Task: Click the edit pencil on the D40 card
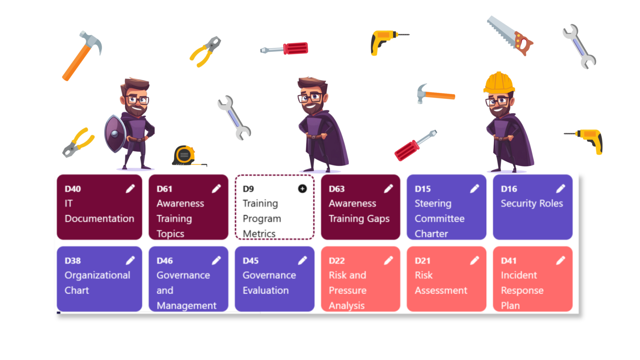click(x=130, y=189)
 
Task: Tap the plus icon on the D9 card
click(x=302, y=189)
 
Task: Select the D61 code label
click(x=164, y=189)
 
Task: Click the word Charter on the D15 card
click(x=431, y=234)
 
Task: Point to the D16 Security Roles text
click(x=532, y=203)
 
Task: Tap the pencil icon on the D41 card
click(x=560, y=260)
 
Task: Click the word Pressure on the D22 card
click(x=347, y=290)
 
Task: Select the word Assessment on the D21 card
click(x=441, y=290)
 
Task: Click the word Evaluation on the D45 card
click(x=266, y=290)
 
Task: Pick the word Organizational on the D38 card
click(x=97, y=275)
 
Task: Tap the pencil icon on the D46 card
click(x=216, y=260)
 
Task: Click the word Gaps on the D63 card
click(x=378, y=219)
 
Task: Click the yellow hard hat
click(x=499, y=82)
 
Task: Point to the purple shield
click(x=115, y=134)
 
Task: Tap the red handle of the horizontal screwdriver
click(x=295, y=48)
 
